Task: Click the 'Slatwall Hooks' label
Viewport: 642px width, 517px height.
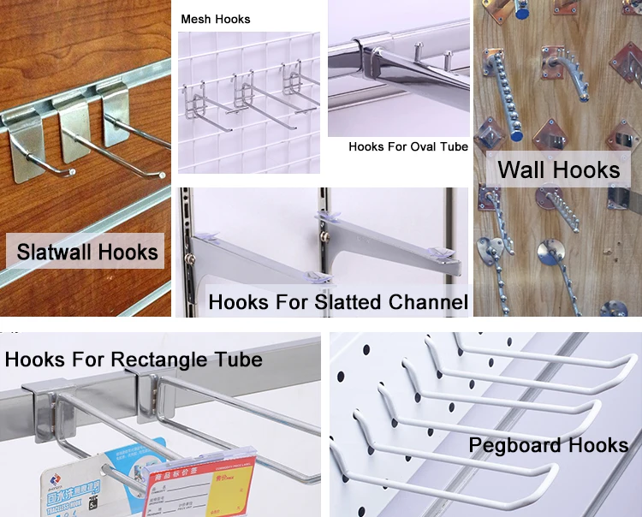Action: (88, 252)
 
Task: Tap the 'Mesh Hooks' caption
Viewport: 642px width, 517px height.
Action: (216, 19)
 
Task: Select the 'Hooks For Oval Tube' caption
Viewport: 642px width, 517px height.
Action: (408, 147)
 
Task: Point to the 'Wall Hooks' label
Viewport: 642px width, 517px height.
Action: (559, 169)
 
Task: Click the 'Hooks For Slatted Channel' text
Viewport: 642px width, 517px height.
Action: (338, 302)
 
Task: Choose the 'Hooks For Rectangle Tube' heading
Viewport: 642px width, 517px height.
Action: (134, 359)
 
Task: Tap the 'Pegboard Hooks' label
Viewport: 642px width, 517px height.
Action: (549, 445)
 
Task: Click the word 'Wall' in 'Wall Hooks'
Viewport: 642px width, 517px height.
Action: (523, 169)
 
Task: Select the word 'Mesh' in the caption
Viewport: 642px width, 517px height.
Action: (197, 19)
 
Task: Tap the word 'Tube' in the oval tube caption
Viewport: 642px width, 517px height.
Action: (454, 147)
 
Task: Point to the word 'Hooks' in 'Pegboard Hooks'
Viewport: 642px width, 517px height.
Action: (599, 445)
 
